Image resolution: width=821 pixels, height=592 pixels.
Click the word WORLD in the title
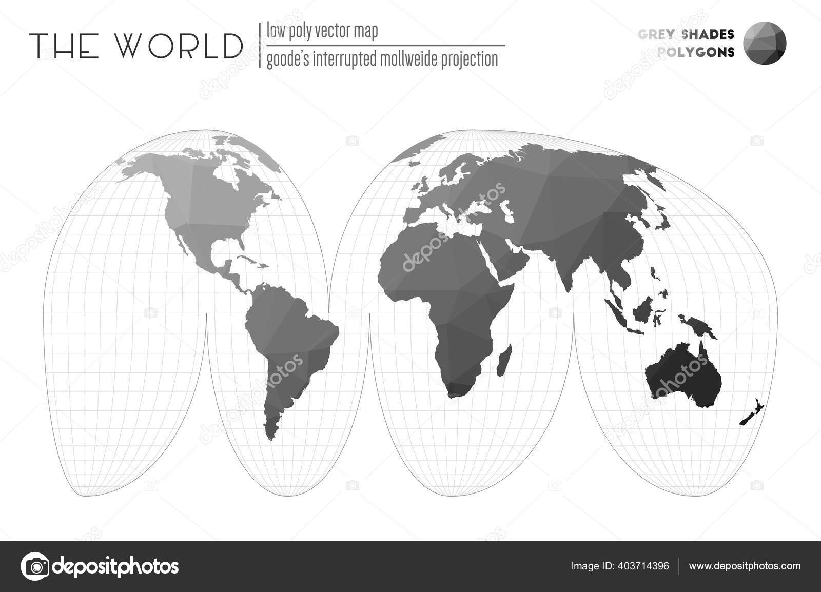click(x=179, y=46)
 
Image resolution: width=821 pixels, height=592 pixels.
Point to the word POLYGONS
click(x=695, y=52)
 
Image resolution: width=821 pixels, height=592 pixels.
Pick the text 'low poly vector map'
click(x=322, y=32)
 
